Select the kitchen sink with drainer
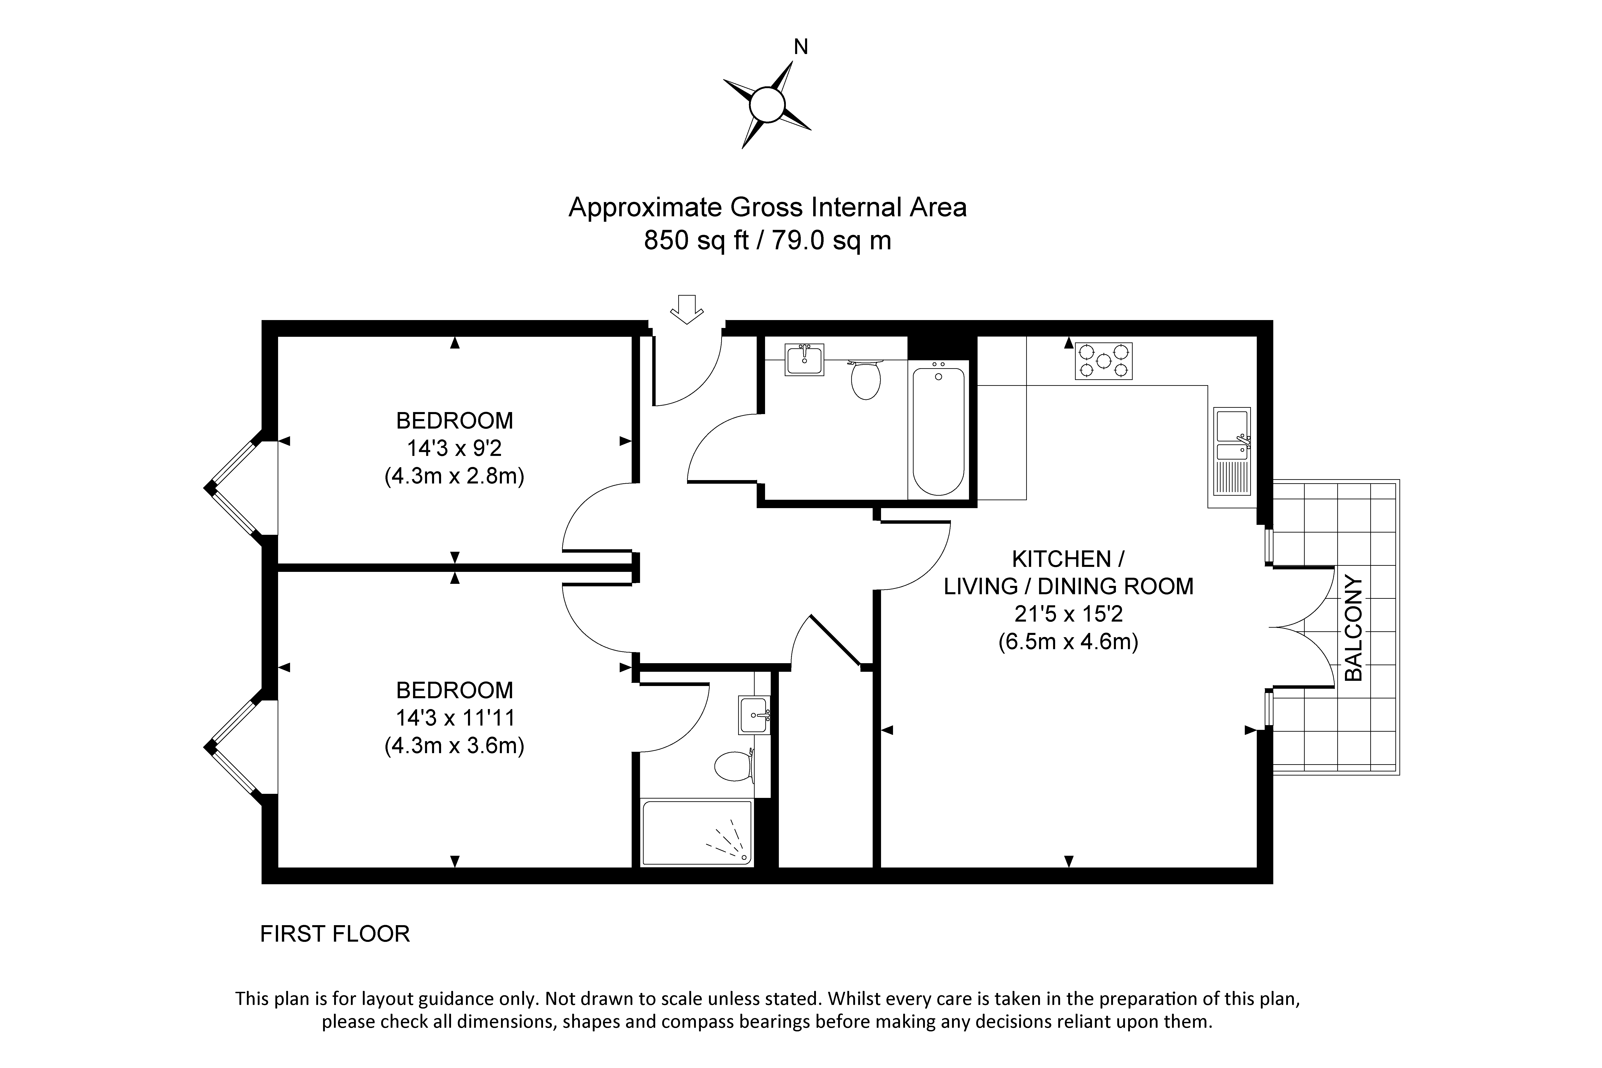coord(1232,451)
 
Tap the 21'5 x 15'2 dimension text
coord(1068,614)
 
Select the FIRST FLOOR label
coord(335,934)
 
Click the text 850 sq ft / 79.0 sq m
coord(768,240)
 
